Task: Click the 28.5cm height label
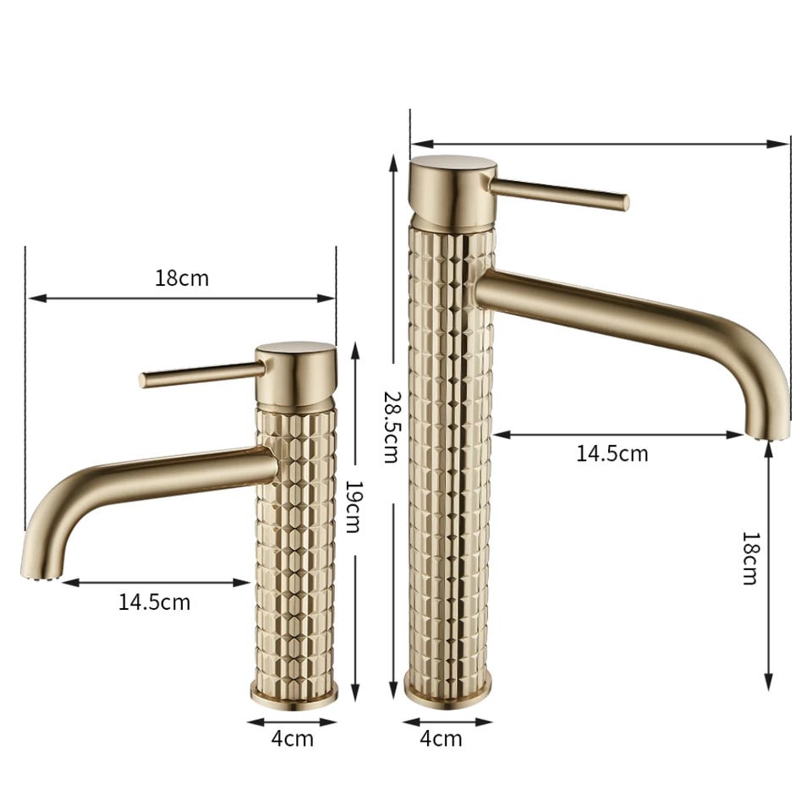(391, 427)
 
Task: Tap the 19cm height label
(354, 507)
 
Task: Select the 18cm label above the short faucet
(182, 278)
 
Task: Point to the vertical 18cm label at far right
(750, 557)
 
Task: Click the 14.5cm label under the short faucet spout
(154, 602)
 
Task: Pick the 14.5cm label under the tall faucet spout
(612, 453)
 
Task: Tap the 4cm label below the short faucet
(292, 738)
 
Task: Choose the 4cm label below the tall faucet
(441, 738)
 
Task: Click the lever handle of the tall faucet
(559, 195)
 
